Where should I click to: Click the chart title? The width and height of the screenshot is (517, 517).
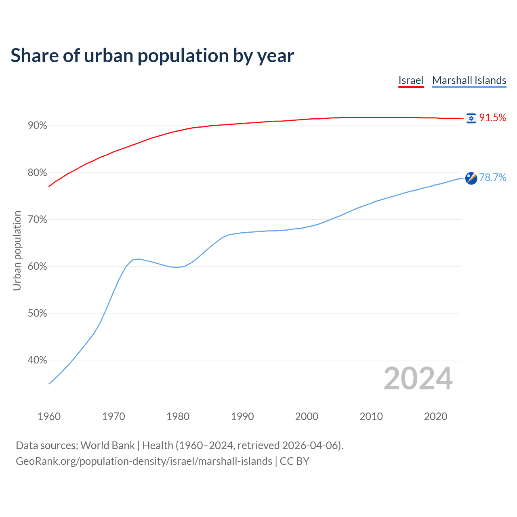point(152,55)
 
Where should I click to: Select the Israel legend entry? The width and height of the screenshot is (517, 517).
point(411,80)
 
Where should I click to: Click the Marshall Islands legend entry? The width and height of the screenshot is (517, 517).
point(469,80)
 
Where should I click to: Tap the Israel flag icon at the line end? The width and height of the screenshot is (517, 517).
point(471,118)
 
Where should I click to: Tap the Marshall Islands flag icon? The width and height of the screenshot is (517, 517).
point(471,178)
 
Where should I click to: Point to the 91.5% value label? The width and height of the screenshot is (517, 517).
point(492,118)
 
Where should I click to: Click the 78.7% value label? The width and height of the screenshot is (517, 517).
point(492,177)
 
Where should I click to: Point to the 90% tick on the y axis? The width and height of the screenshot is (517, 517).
point(38,126)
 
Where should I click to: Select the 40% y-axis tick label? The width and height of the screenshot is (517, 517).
point(38,360)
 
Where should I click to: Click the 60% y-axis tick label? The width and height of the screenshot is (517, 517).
point(38,266)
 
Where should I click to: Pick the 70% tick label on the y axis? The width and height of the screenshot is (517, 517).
point(38,219)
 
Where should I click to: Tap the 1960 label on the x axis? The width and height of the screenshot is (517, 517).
point(49,416)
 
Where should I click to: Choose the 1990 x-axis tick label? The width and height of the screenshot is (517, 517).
point(242,416)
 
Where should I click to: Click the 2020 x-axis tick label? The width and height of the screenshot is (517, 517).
point(435,416)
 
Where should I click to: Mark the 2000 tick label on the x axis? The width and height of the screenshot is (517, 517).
point(307,416)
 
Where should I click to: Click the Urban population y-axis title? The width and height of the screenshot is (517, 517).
point(17,250)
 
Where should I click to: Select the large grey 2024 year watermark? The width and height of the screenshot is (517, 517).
point(418,378)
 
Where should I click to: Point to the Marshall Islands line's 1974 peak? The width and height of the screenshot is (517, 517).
point(139,259)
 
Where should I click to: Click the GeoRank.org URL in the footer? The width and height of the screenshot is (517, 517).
point(144,461)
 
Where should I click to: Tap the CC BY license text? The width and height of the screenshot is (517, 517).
point(294,461)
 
